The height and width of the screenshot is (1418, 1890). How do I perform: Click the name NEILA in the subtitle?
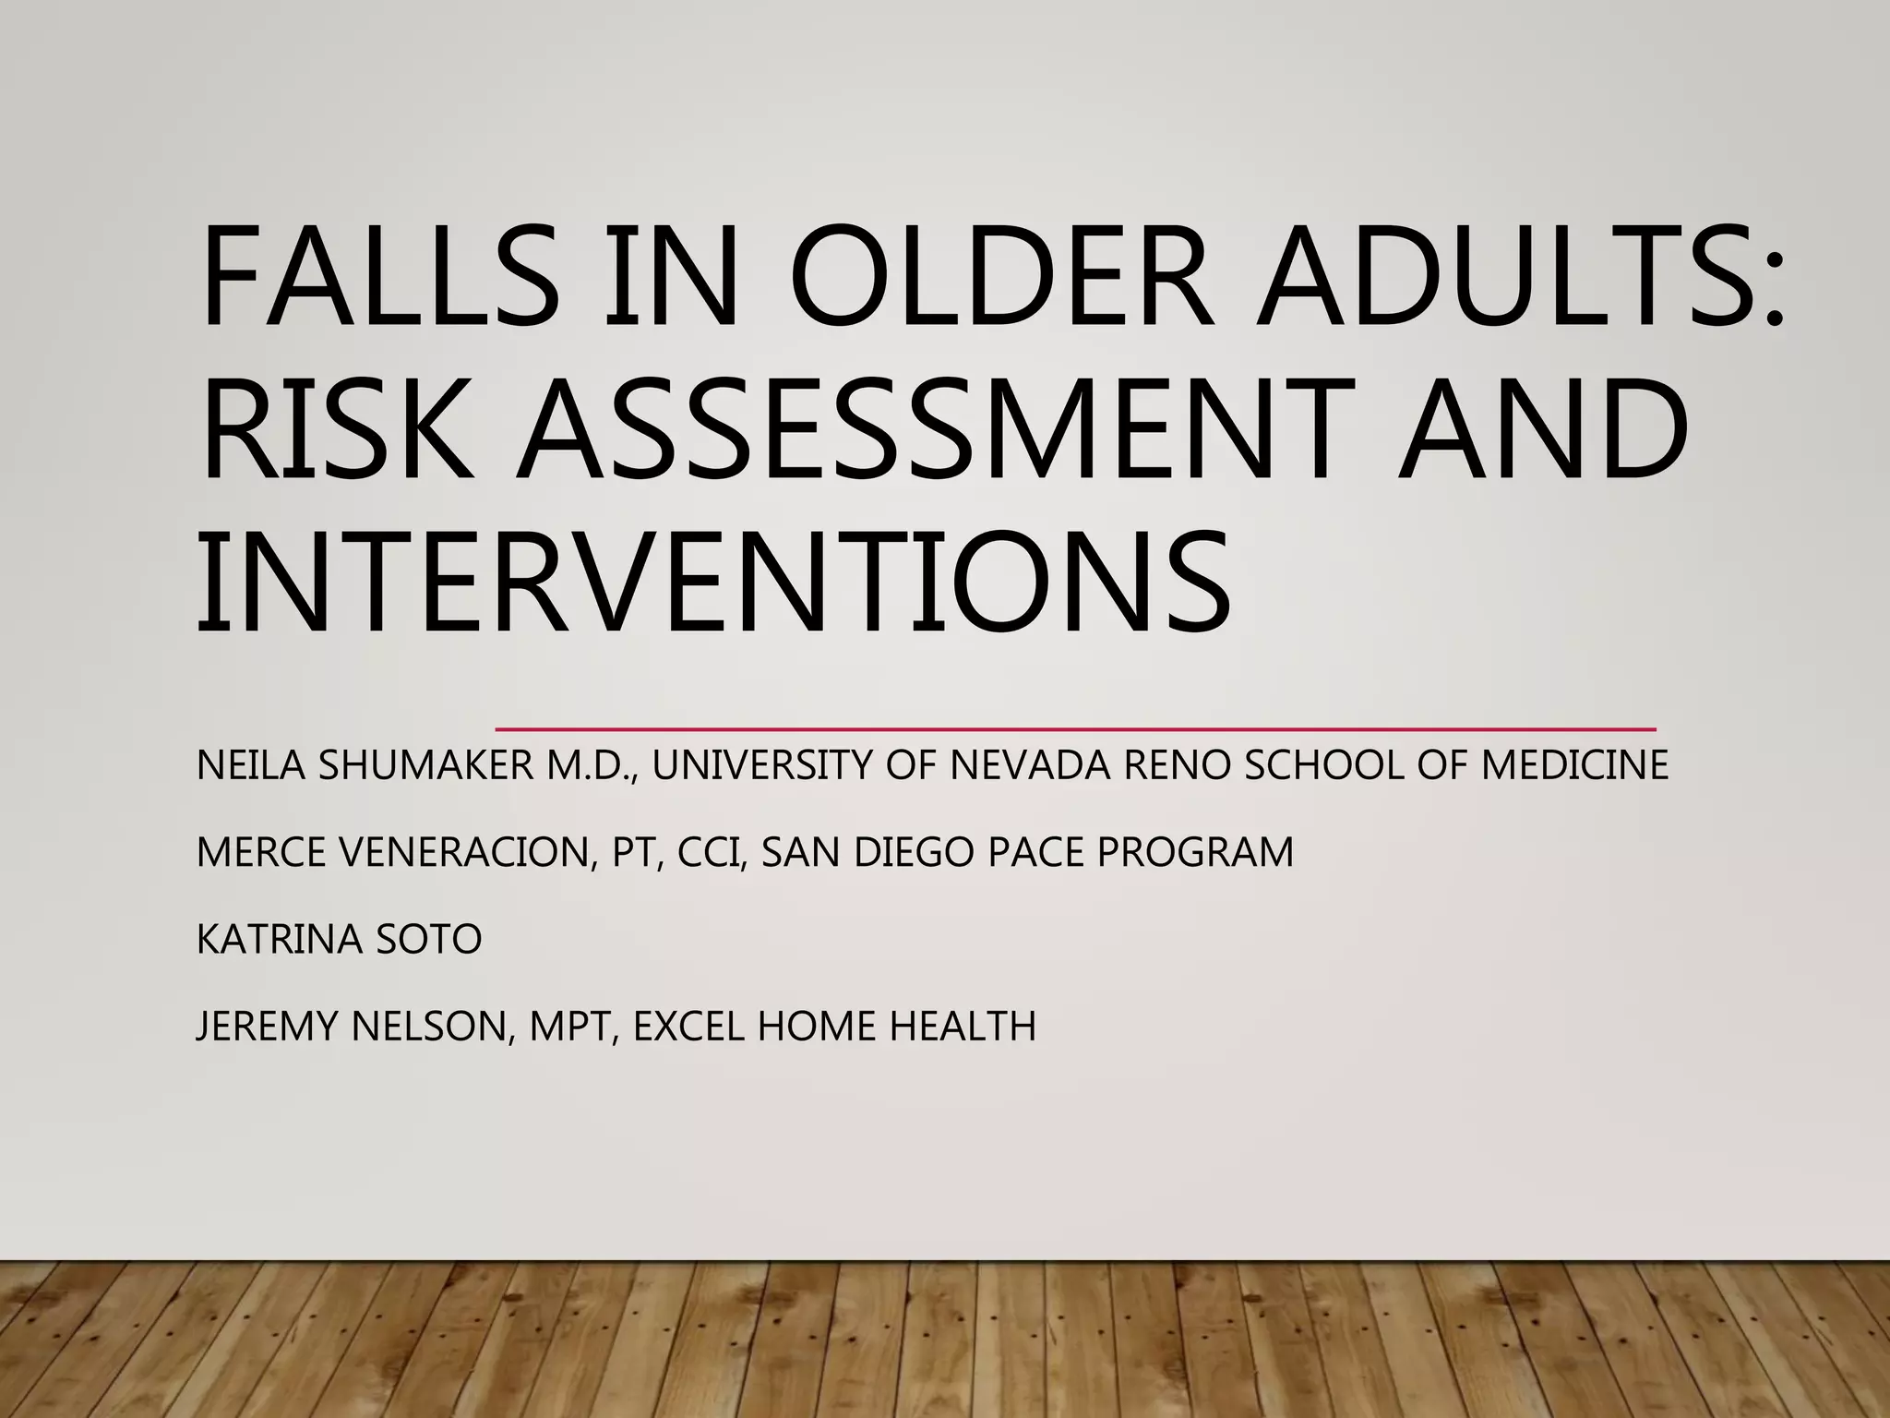tap(250, 765)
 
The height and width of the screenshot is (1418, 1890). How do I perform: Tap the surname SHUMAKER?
tap(425, 765)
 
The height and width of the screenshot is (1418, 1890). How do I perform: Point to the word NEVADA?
tap(1030, 765)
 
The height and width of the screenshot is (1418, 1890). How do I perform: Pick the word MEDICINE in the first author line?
tap(1574, 765)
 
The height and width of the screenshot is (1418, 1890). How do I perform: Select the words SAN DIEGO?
tap(867, 852)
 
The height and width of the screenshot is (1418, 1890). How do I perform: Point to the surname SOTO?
tap(428, 940)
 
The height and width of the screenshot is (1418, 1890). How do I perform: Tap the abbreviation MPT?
tap(572, 1027)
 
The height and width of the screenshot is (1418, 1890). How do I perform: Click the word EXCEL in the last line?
tap(688, 1027)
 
